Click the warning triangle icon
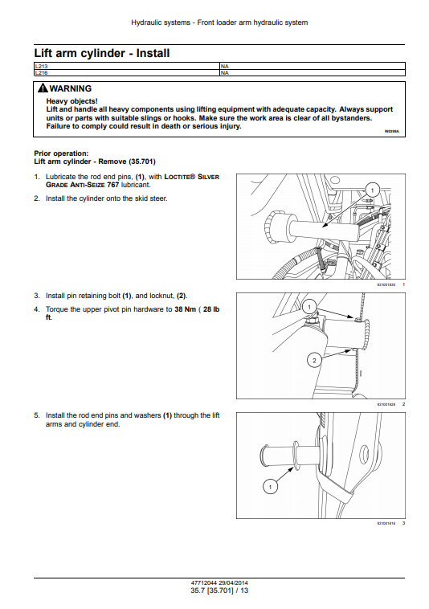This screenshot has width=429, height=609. (43, 88)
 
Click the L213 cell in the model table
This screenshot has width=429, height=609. (127, 67)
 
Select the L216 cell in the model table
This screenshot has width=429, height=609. (127, 72)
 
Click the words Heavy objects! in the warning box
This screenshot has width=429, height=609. (71, 101)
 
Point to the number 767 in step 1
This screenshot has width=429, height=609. (112, 185)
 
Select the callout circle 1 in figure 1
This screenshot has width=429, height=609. (372, 190)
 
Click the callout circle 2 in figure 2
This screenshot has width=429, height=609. (314, 361)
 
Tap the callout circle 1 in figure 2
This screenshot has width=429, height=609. (309, 308)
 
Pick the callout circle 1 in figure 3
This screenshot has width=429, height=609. (270, 487)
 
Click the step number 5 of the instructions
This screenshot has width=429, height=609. (36, 415)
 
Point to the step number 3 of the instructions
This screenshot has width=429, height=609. (36, 296)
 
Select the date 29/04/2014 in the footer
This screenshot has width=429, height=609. (233, 582)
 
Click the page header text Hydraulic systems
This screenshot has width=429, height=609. (161, 22)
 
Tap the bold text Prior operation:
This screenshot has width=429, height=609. (61, 153)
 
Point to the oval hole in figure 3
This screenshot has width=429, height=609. (364, 453)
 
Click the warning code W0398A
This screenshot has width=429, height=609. (392, 132)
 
